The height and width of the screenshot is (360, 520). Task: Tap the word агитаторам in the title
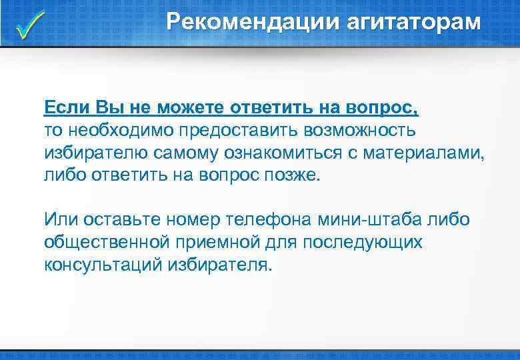pyautogui.click(x=413, y=23)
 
